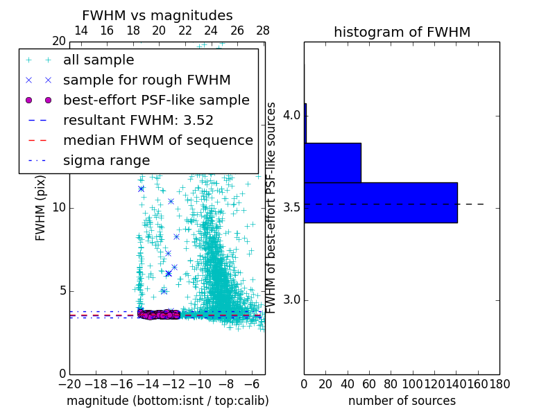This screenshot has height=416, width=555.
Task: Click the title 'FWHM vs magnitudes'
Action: tap(157, 15)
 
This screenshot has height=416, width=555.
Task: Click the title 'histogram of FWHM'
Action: tap(402, 32)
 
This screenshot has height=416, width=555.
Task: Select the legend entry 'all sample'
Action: tap(99, 60)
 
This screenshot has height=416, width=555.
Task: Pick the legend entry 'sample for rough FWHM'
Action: tap(146, 80)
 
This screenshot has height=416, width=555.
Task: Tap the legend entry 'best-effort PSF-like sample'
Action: tap(156, 100)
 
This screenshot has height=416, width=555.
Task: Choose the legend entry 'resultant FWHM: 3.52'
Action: tap(138, 120)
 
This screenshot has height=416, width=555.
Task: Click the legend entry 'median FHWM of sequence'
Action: tap(157, 140)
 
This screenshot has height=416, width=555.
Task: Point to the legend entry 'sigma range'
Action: tap(106, 160)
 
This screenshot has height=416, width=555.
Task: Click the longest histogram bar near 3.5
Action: tap(381, 202)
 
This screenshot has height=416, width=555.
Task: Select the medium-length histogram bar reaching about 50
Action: tap(332, 162)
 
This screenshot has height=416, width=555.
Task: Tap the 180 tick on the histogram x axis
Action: tap(499, 383)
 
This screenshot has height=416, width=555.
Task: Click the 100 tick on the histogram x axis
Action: tap(413, 383)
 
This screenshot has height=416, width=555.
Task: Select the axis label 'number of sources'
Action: tap(402, 401)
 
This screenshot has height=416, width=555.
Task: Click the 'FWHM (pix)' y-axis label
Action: tap(41, 208)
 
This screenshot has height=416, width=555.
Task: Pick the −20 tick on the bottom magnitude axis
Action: tap(69, 384)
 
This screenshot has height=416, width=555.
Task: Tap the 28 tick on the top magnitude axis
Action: tap(263, 31)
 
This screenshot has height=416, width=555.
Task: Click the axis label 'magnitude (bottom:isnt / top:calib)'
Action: tap(167, 401)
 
